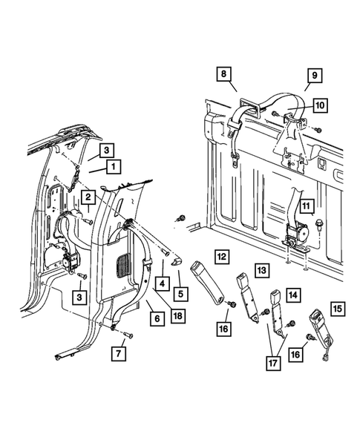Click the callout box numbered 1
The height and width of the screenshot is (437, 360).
(114, 167)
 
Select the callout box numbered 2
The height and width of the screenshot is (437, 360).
(88, 197)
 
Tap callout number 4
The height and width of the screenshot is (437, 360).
(163, 283)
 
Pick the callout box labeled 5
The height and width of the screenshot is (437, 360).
(180, 294)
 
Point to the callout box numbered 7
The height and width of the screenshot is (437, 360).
(119, 354)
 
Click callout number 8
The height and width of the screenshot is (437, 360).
(224, 74)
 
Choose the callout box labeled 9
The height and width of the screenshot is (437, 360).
(315, 75)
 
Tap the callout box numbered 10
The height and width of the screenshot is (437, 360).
(320, 105)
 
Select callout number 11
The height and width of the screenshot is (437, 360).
(307, 206)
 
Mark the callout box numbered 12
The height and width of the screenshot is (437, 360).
(222, 257)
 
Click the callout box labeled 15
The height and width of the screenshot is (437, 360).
(338, 309)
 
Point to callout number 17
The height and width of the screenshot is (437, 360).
(273, 363)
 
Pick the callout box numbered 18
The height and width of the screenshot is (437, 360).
(177, 316)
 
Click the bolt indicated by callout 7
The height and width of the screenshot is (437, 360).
(129, 335)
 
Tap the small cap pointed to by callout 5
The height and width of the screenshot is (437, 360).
(177, 262)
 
